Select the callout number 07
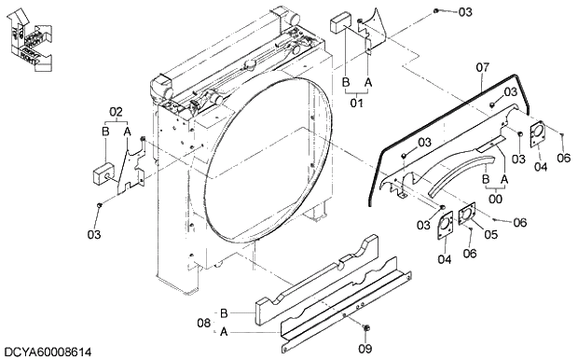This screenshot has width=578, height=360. click(x=483, y=67)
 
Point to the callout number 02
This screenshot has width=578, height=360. click(x=117, y=113)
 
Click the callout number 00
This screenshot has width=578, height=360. click(x=495, y=196)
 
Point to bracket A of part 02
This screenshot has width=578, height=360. click(x=136, y=168)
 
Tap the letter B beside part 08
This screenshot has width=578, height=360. click(x=224, y=312)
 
